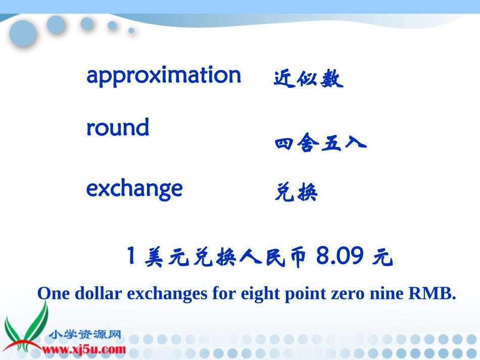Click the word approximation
tap(164, 76)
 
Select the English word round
tap(118, 128)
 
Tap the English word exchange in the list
tap(134, 189)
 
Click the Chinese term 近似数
tap(308, 79)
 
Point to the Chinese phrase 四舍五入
tap(320, 144)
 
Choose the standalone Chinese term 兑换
tap(296, 192)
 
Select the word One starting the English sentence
tap(54, 293)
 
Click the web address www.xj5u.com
tap(84, 349)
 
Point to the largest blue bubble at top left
tap(23, 34)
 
